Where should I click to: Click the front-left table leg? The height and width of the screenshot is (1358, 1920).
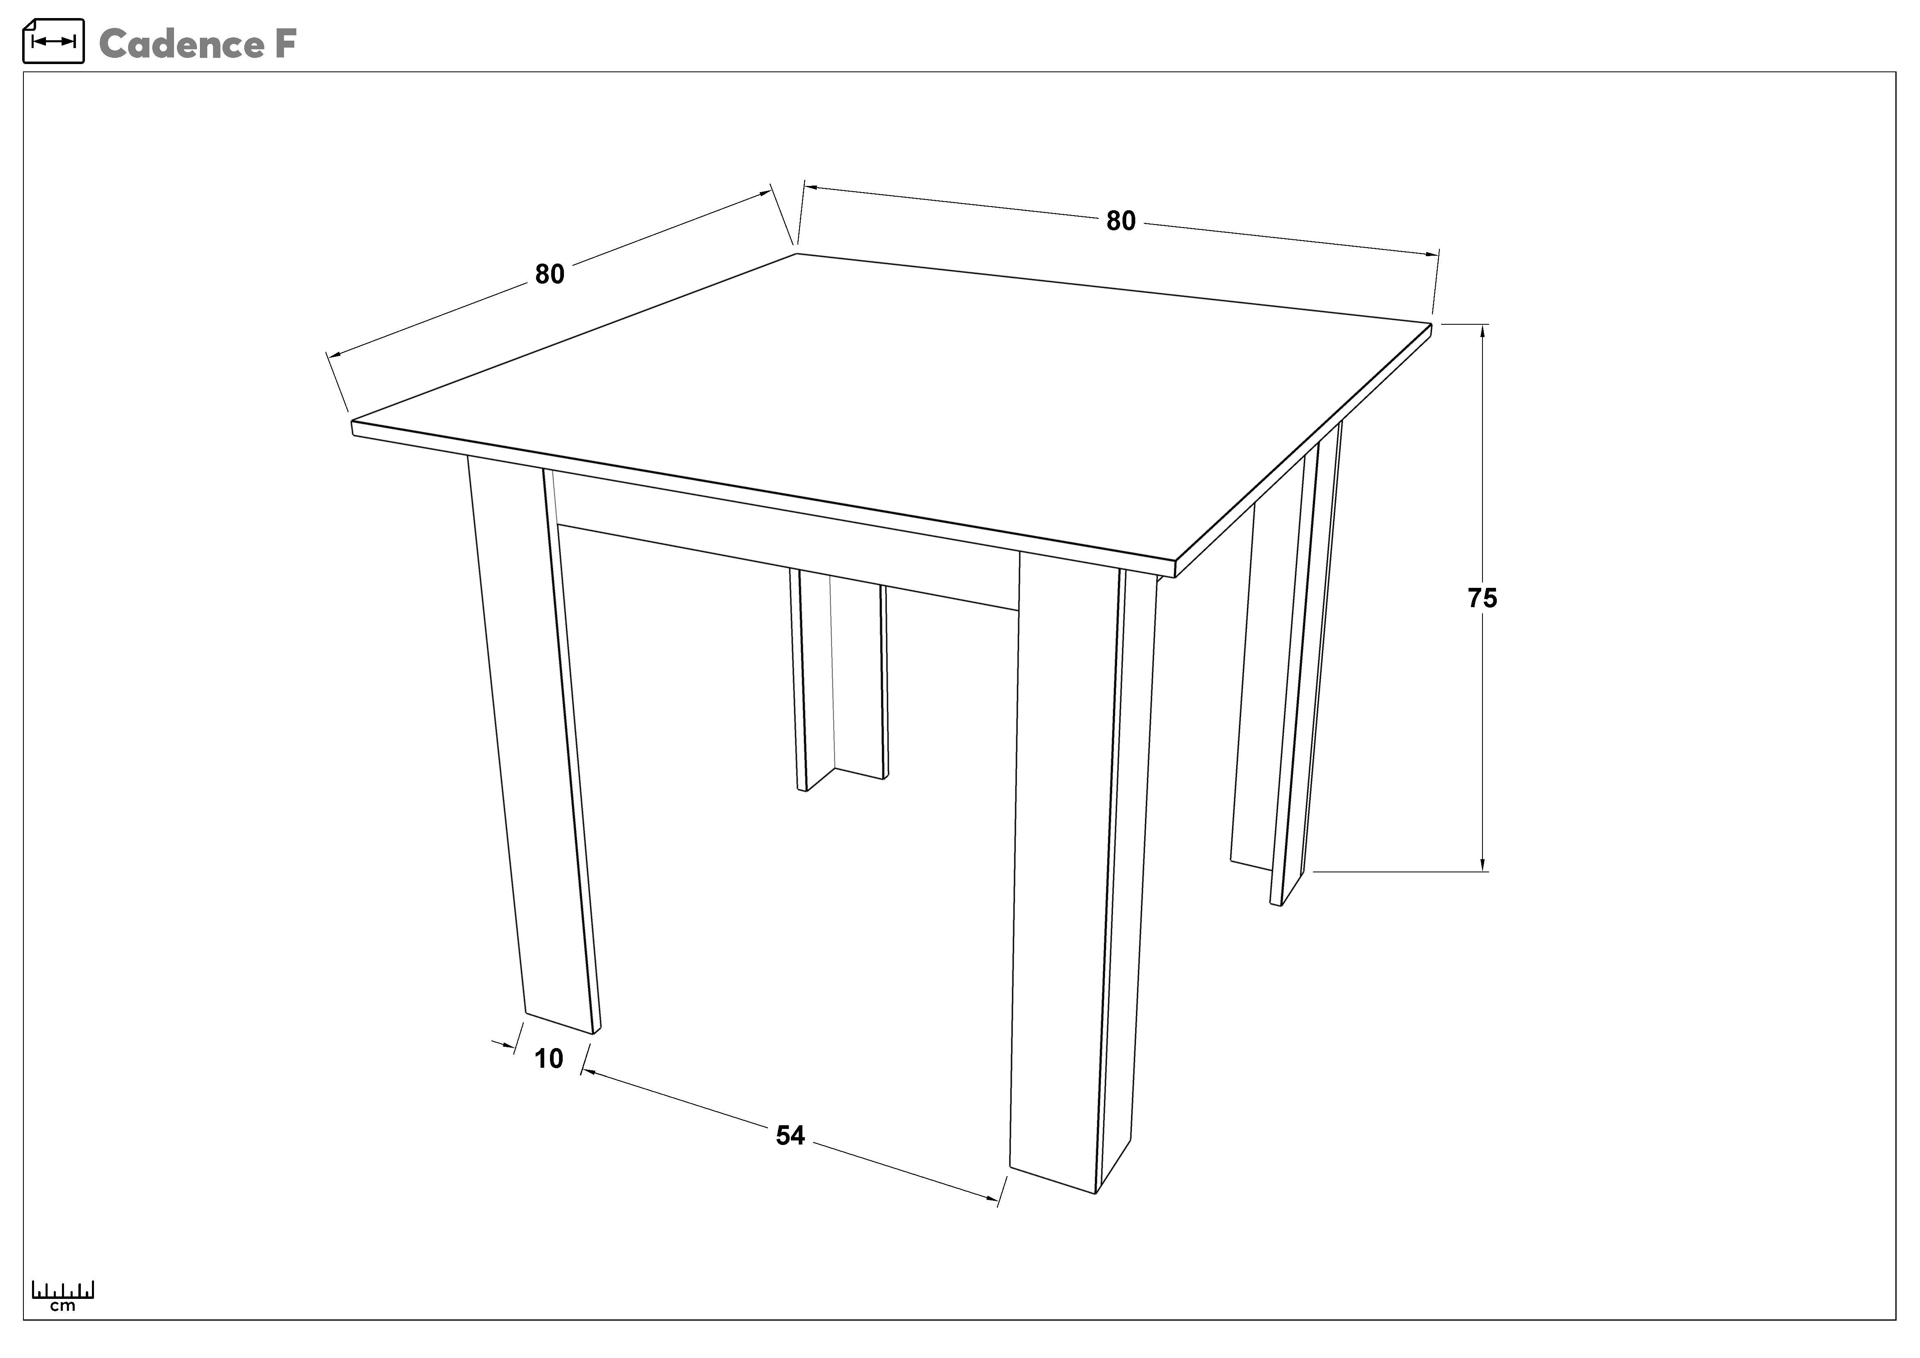535,744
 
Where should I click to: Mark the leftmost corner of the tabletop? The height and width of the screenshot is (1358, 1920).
352,422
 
